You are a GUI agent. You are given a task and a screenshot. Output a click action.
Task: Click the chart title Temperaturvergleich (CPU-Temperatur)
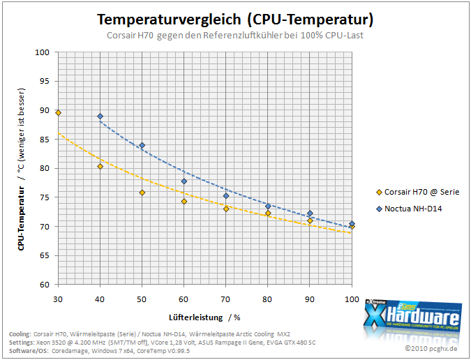pos(235,20)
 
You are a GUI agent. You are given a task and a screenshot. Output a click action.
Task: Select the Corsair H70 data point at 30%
pos(59,113)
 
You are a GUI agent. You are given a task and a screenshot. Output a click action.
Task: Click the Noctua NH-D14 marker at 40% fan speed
pos(100,117)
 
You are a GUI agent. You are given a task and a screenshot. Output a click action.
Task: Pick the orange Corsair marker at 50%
pos(142,193)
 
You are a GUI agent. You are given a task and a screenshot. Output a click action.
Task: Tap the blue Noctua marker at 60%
pos(184,181)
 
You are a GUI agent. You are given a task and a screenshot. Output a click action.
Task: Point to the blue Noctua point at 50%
pos(142,145)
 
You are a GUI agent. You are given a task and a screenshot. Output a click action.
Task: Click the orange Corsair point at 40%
pos(100,166)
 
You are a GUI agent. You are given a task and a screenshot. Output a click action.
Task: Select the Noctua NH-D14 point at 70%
pos(226,196)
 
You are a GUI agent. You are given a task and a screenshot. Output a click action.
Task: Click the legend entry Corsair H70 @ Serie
pos(418,192)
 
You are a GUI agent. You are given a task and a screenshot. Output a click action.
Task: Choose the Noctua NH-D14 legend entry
pos(409,209)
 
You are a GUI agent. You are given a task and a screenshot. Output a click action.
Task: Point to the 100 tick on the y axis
pos(42,52)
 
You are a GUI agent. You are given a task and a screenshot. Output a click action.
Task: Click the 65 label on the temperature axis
pos(45,255)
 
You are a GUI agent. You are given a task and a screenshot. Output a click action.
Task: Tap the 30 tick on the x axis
pos(58,299)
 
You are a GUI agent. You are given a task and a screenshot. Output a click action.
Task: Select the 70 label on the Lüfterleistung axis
pos(225,299)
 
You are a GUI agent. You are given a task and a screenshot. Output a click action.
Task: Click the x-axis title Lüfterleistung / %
pos(204,317)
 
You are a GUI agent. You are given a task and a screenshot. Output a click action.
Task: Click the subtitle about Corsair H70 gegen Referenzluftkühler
pos(235,36)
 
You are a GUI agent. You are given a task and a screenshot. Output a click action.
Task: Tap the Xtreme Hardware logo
pos(412,317)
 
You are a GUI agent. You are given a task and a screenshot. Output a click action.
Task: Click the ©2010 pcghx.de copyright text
pos(431,348)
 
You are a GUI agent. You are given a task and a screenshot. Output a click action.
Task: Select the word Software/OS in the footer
pos(29,351)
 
